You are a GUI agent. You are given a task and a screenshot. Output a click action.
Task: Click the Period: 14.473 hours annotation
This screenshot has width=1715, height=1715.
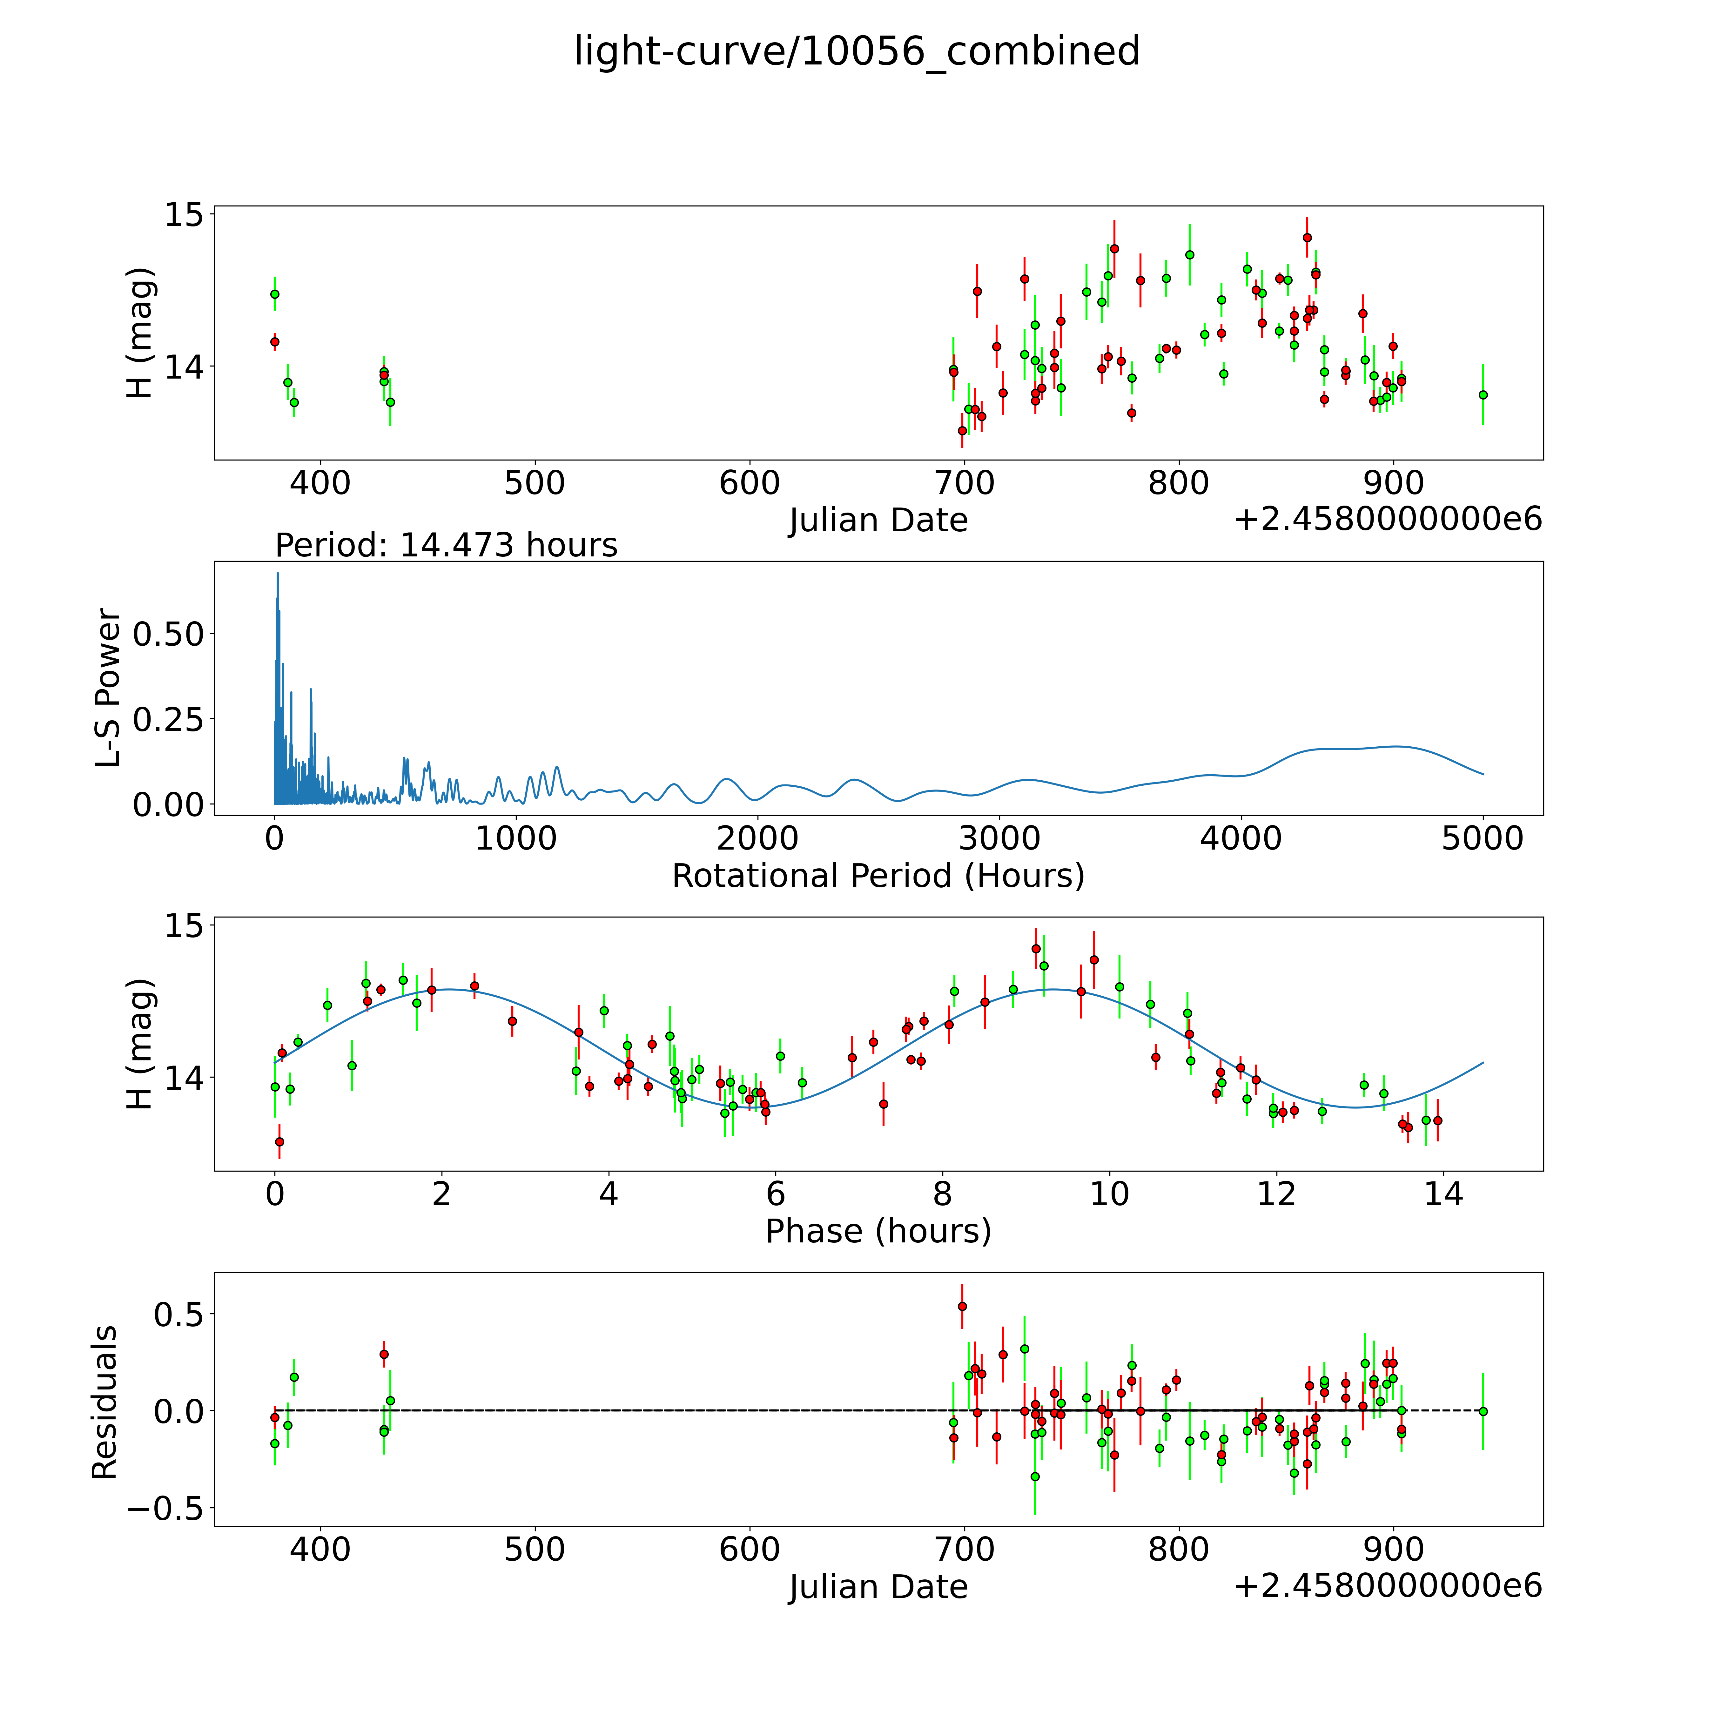click(x=447, y=545)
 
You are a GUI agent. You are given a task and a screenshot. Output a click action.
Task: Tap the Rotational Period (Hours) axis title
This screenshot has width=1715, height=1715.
click(x=878, y=876)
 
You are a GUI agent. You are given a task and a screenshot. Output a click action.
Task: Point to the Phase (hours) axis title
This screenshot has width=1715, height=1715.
click(x=878, y=1231)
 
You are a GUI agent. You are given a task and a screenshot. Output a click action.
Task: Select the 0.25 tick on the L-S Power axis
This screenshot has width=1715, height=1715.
click(x=168, y=719)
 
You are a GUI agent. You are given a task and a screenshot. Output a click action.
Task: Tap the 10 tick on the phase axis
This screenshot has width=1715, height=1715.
click(x=1110, y=1194)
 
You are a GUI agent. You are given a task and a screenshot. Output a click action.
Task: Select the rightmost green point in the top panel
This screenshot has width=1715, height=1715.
click(x=1483, y=395)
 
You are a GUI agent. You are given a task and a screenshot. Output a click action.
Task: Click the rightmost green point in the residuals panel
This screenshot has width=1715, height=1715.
click(x=1483, y=1411)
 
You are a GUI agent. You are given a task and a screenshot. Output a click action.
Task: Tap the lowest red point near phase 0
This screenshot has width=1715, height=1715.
click(x=279, y=1141)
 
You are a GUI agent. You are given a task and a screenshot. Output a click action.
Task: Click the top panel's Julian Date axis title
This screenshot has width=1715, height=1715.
click(x=878, y=520)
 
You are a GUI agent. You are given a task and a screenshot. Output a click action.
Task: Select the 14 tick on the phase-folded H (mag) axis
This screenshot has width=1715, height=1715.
click(x=184, y=1079)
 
